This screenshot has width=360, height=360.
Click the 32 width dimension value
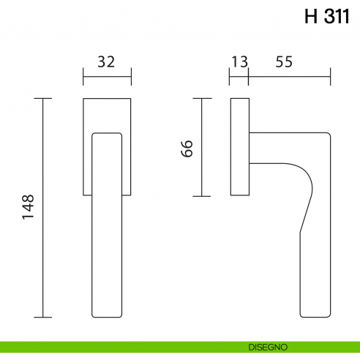(107, 62)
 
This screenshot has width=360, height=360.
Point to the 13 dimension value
(239, 62)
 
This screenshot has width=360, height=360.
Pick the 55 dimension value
(285, 62)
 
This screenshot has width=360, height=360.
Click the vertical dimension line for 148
(44, 208)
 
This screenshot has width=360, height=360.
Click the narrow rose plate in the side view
(239, 146)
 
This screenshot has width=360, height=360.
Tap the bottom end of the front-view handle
(107, 315)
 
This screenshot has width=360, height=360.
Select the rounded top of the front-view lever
(107, 135)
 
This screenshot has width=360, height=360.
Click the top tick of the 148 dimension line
(44, 97)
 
